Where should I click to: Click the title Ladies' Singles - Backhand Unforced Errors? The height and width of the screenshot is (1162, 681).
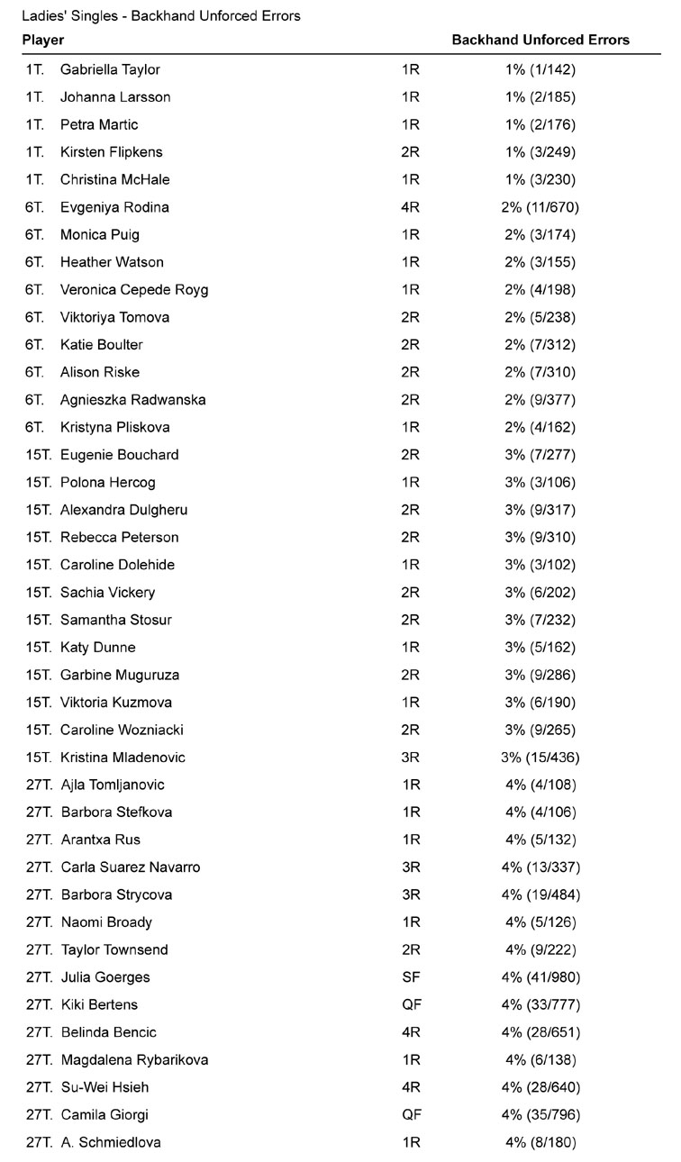point(161,16)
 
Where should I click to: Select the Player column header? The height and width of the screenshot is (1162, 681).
point(42,41)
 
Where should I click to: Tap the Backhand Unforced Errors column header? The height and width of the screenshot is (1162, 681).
point(540,41)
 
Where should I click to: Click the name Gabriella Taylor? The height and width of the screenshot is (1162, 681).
point(110,69)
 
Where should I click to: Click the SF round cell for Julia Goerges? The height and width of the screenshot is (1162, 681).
point(411,977)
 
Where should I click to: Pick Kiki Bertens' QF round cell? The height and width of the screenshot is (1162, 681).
point(411,1005)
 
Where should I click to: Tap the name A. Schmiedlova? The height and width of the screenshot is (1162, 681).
point(111,1143)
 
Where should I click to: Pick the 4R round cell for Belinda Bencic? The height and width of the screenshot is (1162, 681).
point(411,1032)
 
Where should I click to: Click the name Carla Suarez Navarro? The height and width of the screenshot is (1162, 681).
point(131,867)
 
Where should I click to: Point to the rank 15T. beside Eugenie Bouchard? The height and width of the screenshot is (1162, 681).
point(39,455)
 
